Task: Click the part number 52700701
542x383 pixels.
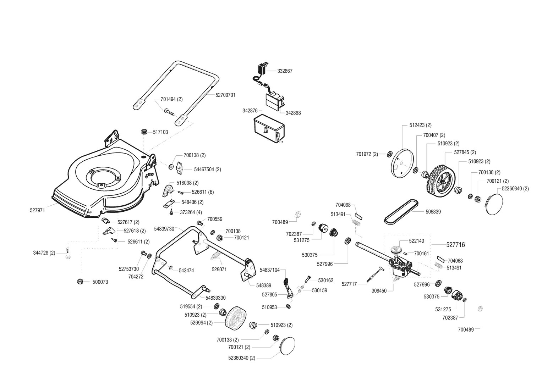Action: tap(225, 95)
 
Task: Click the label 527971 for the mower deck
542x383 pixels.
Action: tap(37, 210)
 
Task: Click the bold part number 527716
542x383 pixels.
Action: tap(455, 245)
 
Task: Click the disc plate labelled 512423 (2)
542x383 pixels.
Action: tap(400, 163)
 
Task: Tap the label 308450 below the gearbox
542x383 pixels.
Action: tap(379, 291)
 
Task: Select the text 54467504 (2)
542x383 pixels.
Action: tap(207, 170)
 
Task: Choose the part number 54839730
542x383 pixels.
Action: tap(164, 229)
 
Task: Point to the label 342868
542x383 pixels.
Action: tap(293, 113)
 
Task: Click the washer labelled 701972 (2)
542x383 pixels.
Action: tap(389, 154)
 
